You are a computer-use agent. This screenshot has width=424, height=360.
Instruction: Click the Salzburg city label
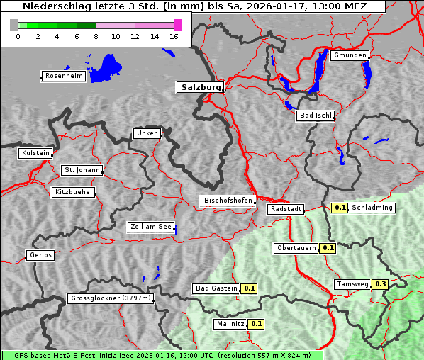(200, 87)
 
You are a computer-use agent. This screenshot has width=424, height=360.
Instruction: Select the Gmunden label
(350, 55)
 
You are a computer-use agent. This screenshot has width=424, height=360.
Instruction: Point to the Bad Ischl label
(315, 116)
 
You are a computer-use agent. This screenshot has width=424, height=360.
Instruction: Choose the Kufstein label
(35, 153)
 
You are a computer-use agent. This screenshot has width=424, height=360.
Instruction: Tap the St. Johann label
(82, 170)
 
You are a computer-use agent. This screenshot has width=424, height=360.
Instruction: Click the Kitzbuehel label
(73, 192)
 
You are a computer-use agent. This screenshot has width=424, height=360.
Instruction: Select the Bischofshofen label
(228, 201)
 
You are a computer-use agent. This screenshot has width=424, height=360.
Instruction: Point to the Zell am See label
(150, 227)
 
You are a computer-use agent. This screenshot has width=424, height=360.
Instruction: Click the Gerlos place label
(40, 255)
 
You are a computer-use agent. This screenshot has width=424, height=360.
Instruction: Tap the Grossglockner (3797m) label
(111, 299)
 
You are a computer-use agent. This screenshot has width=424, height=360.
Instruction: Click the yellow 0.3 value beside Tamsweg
(381, 284)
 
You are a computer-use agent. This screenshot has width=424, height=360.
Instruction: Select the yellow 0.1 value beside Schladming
(340, 208)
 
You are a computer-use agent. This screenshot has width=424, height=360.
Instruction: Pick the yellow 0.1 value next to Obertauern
(328, 248)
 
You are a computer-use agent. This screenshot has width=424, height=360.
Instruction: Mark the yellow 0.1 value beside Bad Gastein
(249, 288)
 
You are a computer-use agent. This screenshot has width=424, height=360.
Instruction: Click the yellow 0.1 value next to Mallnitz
(256, 324)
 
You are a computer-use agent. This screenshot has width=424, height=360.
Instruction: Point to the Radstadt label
(285, 209)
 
